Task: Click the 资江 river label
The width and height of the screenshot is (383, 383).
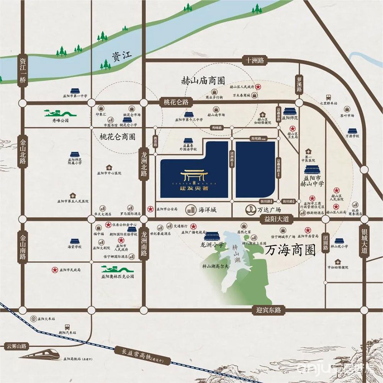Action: click(x=122, y=56)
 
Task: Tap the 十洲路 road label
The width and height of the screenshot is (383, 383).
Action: click(x=255, y=60)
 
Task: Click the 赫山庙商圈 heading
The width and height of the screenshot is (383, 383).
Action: click(x=203, y=81)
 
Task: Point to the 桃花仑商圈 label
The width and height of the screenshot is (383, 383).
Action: click(x=114, y=136)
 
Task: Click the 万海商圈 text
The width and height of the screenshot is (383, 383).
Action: click(x=290, y=251)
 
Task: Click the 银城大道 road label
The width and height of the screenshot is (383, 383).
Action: click(x=364, y=240)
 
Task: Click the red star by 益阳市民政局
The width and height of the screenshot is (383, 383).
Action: click(x=55, y=270)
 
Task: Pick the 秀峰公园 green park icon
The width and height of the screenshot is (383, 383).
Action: click(x=60, y=113)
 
